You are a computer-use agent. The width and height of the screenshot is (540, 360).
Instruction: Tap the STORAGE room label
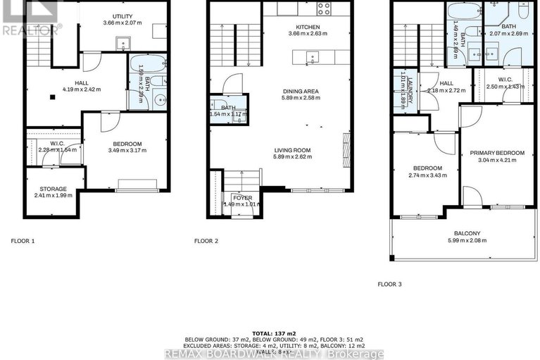[x=53, y=189]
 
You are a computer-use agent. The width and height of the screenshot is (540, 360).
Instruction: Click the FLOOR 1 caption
[x=23, y=240]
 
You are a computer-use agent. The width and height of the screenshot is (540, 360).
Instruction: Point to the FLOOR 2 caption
[x=206, y=240]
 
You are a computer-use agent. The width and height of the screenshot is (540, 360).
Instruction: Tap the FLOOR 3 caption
[x=389, y=285]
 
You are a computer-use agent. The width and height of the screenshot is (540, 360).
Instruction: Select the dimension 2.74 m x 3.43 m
[x=427, y=175]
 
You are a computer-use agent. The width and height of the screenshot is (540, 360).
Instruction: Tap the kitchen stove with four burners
[x=323, y=8]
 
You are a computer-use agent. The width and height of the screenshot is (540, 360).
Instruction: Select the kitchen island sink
[x=315, y=57]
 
